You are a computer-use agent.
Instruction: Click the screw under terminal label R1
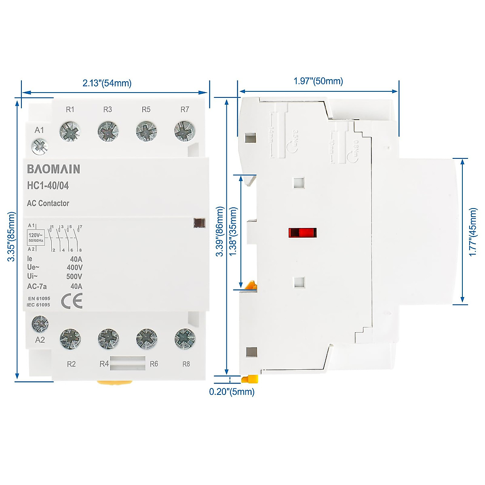(x=70, y=131)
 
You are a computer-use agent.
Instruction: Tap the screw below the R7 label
(x=185, y=131)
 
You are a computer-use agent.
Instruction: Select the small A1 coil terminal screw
(x=40, y=146)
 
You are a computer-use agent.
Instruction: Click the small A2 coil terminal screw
(x=40, y=323)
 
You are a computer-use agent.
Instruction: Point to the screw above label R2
(x=70, y=339)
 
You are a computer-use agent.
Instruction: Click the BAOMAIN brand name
(x=53, y=169)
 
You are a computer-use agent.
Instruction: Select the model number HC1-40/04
(x=48, y=186)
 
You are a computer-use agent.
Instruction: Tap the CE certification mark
(x=72, y=301)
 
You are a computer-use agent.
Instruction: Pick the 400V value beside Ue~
(x=74, y=268)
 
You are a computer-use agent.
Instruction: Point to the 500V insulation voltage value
(x=74, y=277)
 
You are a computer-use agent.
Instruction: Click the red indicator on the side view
(x=302, y=233)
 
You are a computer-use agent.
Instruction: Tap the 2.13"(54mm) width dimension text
(x=107, y=83)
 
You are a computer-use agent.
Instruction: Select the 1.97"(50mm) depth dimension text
(x=318, y=81)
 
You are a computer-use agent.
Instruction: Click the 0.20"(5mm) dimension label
(x=232, y=392)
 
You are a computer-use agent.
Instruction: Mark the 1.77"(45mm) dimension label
(x=473, y=232)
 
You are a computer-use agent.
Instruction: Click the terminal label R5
(x=146, y=110)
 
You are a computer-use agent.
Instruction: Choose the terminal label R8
(x=186, y=364)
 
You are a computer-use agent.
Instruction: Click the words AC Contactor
(x=48, y=203)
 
